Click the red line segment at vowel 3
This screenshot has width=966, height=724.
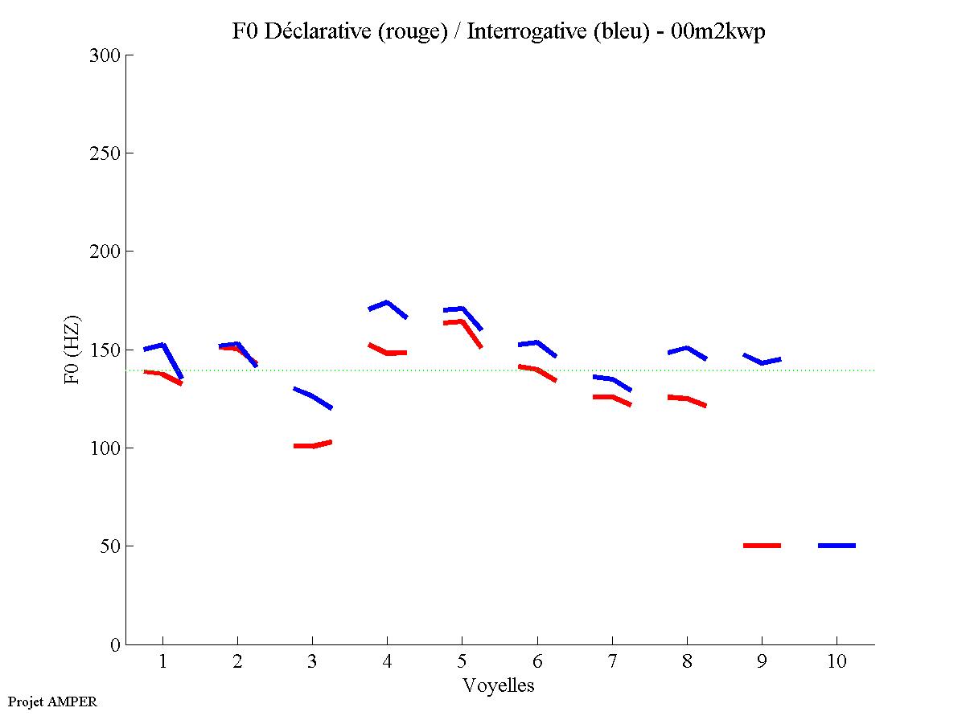tap(313, 445)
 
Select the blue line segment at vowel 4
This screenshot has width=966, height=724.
tap(387, 303)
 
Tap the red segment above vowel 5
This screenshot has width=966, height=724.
tap(462, 322)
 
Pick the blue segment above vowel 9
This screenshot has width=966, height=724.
tap(762, 362)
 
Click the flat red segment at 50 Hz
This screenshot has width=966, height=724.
tap(762, 546)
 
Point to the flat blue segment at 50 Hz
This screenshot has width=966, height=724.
tap(837, 546)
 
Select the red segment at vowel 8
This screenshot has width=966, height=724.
tap(686, 398)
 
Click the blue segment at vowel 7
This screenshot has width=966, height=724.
tap(612, 378)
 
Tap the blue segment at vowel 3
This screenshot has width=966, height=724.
tap(313, 395)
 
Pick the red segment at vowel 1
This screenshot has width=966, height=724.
tap(163, 374)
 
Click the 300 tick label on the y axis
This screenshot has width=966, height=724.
tap(106, 55)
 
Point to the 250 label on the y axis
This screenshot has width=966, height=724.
tap(106, 153)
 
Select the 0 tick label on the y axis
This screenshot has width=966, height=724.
tap(114, 644)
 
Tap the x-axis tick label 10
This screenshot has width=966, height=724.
tap(837, 662)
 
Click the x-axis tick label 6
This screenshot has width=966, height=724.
tap(536, 662)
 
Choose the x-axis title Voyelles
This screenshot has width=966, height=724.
tap(499, 685)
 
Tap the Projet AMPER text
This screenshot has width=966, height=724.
tap(51, 702)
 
